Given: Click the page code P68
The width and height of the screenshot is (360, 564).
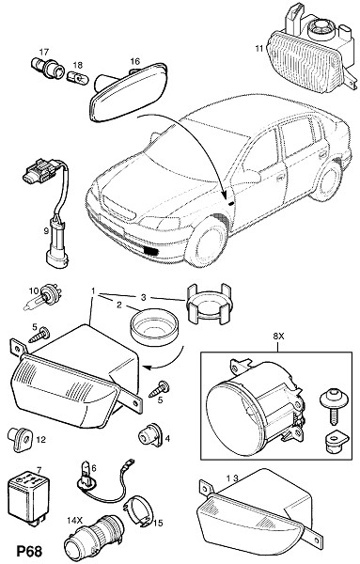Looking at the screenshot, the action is coord(29,551).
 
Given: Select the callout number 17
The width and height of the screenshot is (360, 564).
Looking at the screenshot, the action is coord(43,53).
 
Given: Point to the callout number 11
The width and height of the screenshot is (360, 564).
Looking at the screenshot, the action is coord(259,48).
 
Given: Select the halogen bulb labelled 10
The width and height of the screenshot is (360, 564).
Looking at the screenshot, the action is coord(43,296).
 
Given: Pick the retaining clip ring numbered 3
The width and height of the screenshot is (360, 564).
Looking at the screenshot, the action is coord(209,303).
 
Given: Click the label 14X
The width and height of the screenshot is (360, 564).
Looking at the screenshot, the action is coord(75,520).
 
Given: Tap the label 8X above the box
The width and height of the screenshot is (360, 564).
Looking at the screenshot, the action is coord(278,337).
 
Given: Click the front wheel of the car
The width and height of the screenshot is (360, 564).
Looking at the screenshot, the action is coord(206,244).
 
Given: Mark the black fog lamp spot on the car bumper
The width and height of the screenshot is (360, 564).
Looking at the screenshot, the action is coord(151,251).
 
